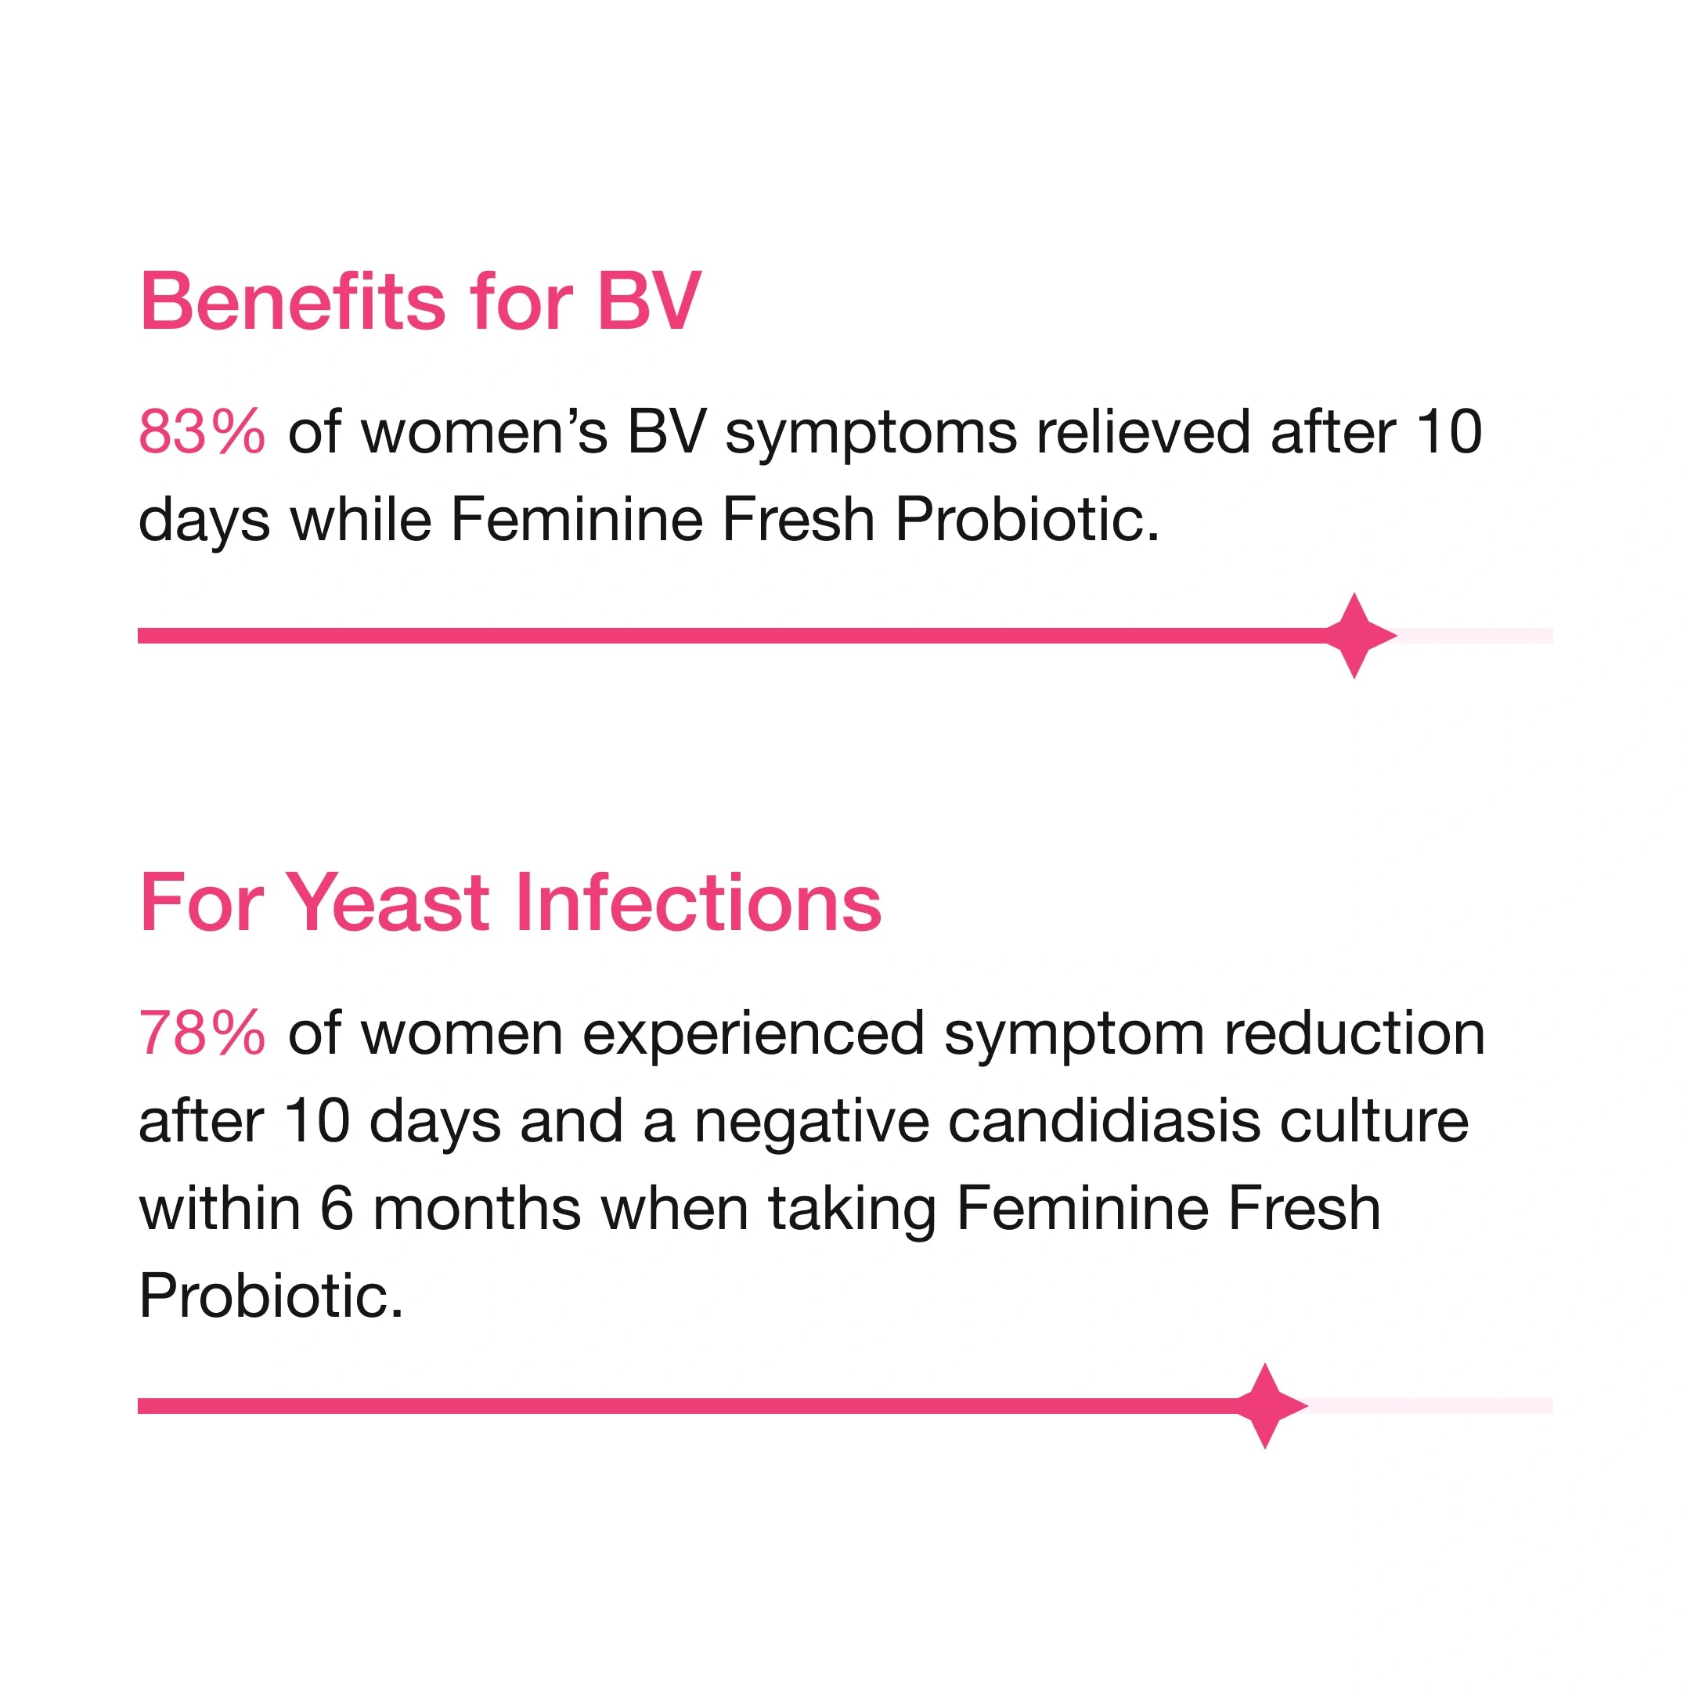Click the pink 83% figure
point(201,431)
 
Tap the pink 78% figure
point(201,1033)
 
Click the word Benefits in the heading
point(294,301)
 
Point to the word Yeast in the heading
point(388,903)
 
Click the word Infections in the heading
point(698,903)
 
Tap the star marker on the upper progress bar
point(1354,636)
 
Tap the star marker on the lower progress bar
point(1265,1407)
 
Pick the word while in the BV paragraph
point(361,519)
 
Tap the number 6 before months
point(336,1208)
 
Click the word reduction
point(1354,1033)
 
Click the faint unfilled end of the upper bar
point(1475,636)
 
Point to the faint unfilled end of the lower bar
point(1430,1407)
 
